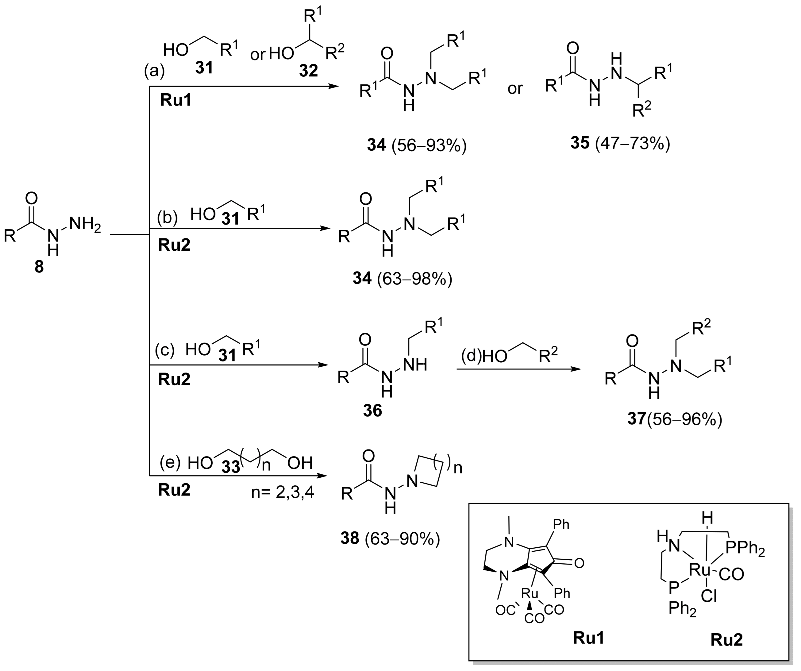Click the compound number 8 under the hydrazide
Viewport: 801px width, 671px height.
(x=39, y=267)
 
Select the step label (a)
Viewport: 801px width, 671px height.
(x=154, y=71)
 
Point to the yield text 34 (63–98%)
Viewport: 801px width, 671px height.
(x=402, y=279)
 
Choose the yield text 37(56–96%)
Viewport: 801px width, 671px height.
(x=675, y=420)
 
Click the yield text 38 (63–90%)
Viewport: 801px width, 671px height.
(x=390, y=539)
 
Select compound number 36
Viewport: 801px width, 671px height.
(x=372, y=411)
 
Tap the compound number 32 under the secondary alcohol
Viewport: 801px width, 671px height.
(x=308, y=71)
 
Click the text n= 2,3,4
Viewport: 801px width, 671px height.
(x=283, y=492)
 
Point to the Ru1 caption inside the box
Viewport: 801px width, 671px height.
(x=588, y=638)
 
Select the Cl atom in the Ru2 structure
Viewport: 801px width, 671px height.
(x=709, y=596)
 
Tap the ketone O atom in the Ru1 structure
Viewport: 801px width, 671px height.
(x=579, y=563)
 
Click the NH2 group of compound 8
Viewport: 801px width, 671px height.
(x=86, y=224)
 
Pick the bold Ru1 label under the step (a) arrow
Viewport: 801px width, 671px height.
(x=175, y=100)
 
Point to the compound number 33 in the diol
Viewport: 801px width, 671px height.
(x=231, y=467)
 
